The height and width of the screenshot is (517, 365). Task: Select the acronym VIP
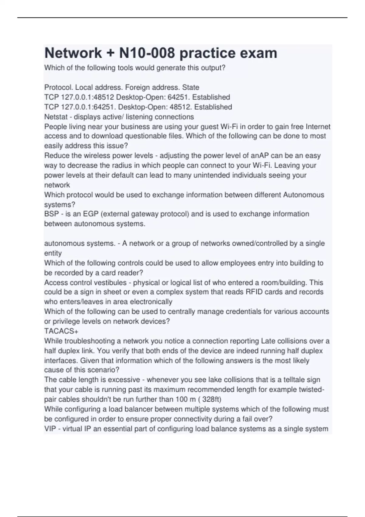[x=50, y=429]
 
